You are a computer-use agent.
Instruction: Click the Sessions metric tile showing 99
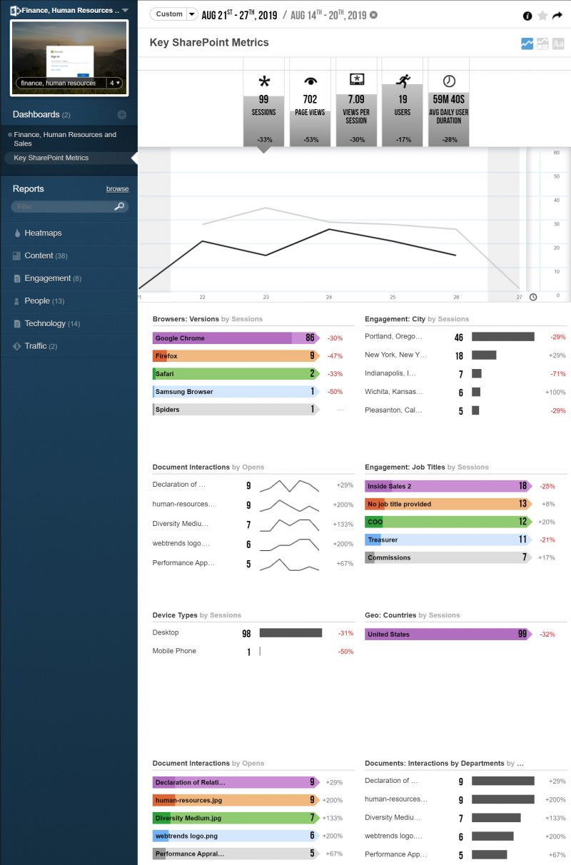coord(263,107)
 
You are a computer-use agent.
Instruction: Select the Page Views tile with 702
coord(310,107)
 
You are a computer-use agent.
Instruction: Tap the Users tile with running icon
coord(403,107)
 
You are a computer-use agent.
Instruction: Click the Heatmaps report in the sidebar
coord(43,233)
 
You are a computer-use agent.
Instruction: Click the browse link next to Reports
coord(117,189)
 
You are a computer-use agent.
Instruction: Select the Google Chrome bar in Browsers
coord(234,338)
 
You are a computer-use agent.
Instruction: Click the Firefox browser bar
coord(234,356)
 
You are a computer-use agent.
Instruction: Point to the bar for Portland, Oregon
coord(502,337)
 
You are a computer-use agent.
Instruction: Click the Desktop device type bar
coord(290,633)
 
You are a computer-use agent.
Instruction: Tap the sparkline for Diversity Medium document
coord(289,525)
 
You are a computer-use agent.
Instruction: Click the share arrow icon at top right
coord(557,15)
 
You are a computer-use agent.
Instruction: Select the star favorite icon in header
coord(542,15)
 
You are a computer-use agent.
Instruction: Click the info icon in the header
coord(527,15)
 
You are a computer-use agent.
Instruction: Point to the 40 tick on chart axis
coord(557,200)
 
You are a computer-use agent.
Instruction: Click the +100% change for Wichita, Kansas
coord(555,393)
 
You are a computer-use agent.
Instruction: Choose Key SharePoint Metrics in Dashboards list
coord(51,158)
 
